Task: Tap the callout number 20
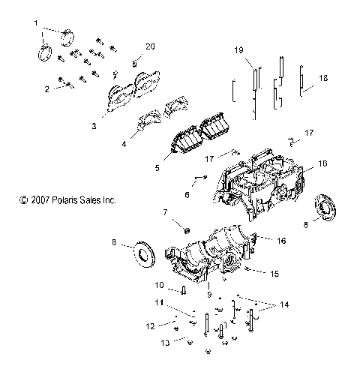coord(151,46)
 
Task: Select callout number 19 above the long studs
coord(239,49)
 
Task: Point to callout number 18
coord(322,78)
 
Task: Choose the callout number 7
coord(165,213)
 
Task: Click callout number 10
coord(160,285)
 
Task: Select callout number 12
coord(151,325)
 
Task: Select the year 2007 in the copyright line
coord(39,200)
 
